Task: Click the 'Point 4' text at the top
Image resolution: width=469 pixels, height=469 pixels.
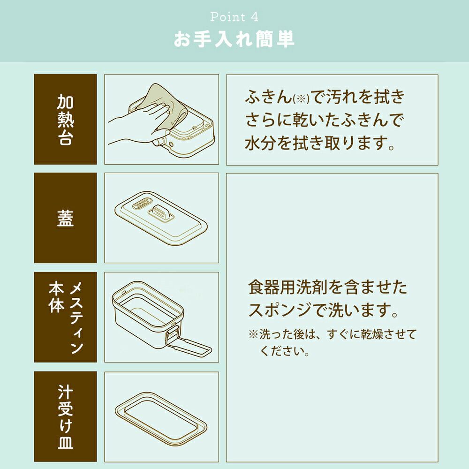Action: click(234, 17)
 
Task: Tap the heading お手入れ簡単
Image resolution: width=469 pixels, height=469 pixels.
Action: click(234, 39)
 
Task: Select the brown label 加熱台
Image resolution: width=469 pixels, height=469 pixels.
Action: click(65, 119)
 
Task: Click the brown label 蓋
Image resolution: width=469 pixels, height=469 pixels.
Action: click(65, 218)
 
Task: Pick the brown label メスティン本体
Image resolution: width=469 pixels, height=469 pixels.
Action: click(65, 318)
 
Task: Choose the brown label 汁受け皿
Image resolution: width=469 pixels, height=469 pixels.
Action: click(65, 416)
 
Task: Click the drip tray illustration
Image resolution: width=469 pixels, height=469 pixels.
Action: click(161, 418)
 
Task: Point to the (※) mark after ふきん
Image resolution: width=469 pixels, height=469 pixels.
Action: click(301, 99)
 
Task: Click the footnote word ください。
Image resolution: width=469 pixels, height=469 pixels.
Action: click(285, 350)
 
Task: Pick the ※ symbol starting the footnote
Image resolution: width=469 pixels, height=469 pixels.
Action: click(253, 334)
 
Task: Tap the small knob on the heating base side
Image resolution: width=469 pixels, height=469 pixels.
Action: click(171, 144)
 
